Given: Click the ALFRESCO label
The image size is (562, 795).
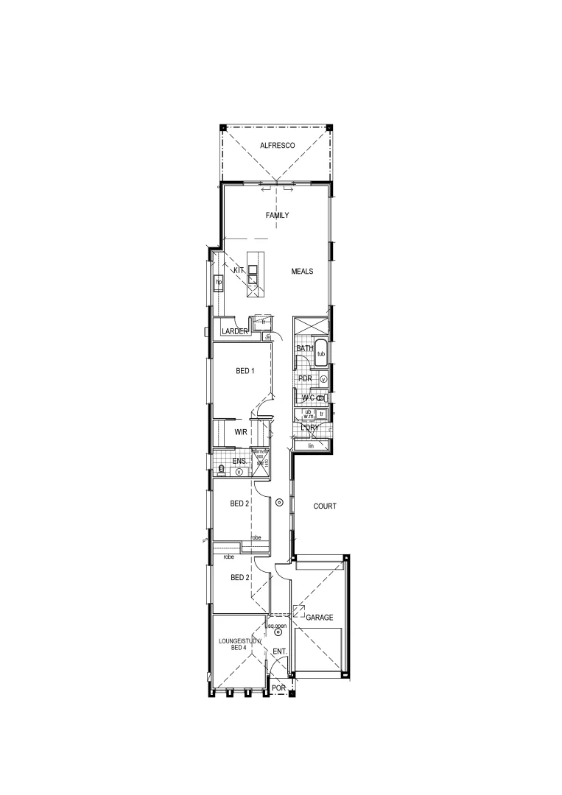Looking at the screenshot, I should tap(277, 146).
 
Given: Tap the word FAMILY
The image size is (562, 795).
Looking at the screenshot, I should tap(277, 216).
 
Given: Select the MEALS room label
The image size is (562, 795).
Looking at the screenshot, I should tap(302, 271).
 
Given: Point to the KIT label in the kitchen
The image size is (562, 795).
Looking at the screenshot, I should tap(239, 271).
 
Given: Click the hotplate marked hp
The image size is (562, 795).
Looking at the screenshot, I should tap(219, 282).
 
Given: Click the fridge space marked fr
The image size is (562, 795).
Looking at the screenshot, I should tap(263, 322).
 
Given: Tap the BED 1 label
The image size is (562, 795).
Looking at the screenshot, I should tap(245, 371).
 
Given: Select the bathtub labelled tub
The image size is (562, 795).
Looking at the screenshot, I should tap(320, 354).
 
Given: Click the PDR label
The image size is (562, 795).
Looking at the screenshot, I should tap(306, 378).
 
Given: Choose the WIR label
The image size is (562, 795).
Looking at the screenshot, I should tap(240, 433).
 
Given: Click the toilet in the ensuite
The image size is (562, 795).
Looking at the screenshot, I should tap(221, 468).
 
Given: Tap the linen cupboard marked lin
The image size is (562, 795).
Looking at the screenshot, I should tap(311, 446).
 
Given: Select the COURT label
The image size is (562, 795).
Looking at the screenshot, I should tap(325, 506).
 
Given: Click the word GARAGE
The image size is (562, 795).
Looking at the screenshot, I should tap(320, 617).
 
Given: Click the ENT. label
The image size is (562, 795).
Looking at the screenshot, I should tap(279, 652).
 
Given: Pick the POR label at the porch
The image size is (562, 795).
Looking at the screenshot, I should tap(278, 688).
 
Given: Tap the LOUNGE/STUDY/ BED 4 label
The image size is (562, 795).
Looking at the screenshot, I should tap(239, 646).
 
